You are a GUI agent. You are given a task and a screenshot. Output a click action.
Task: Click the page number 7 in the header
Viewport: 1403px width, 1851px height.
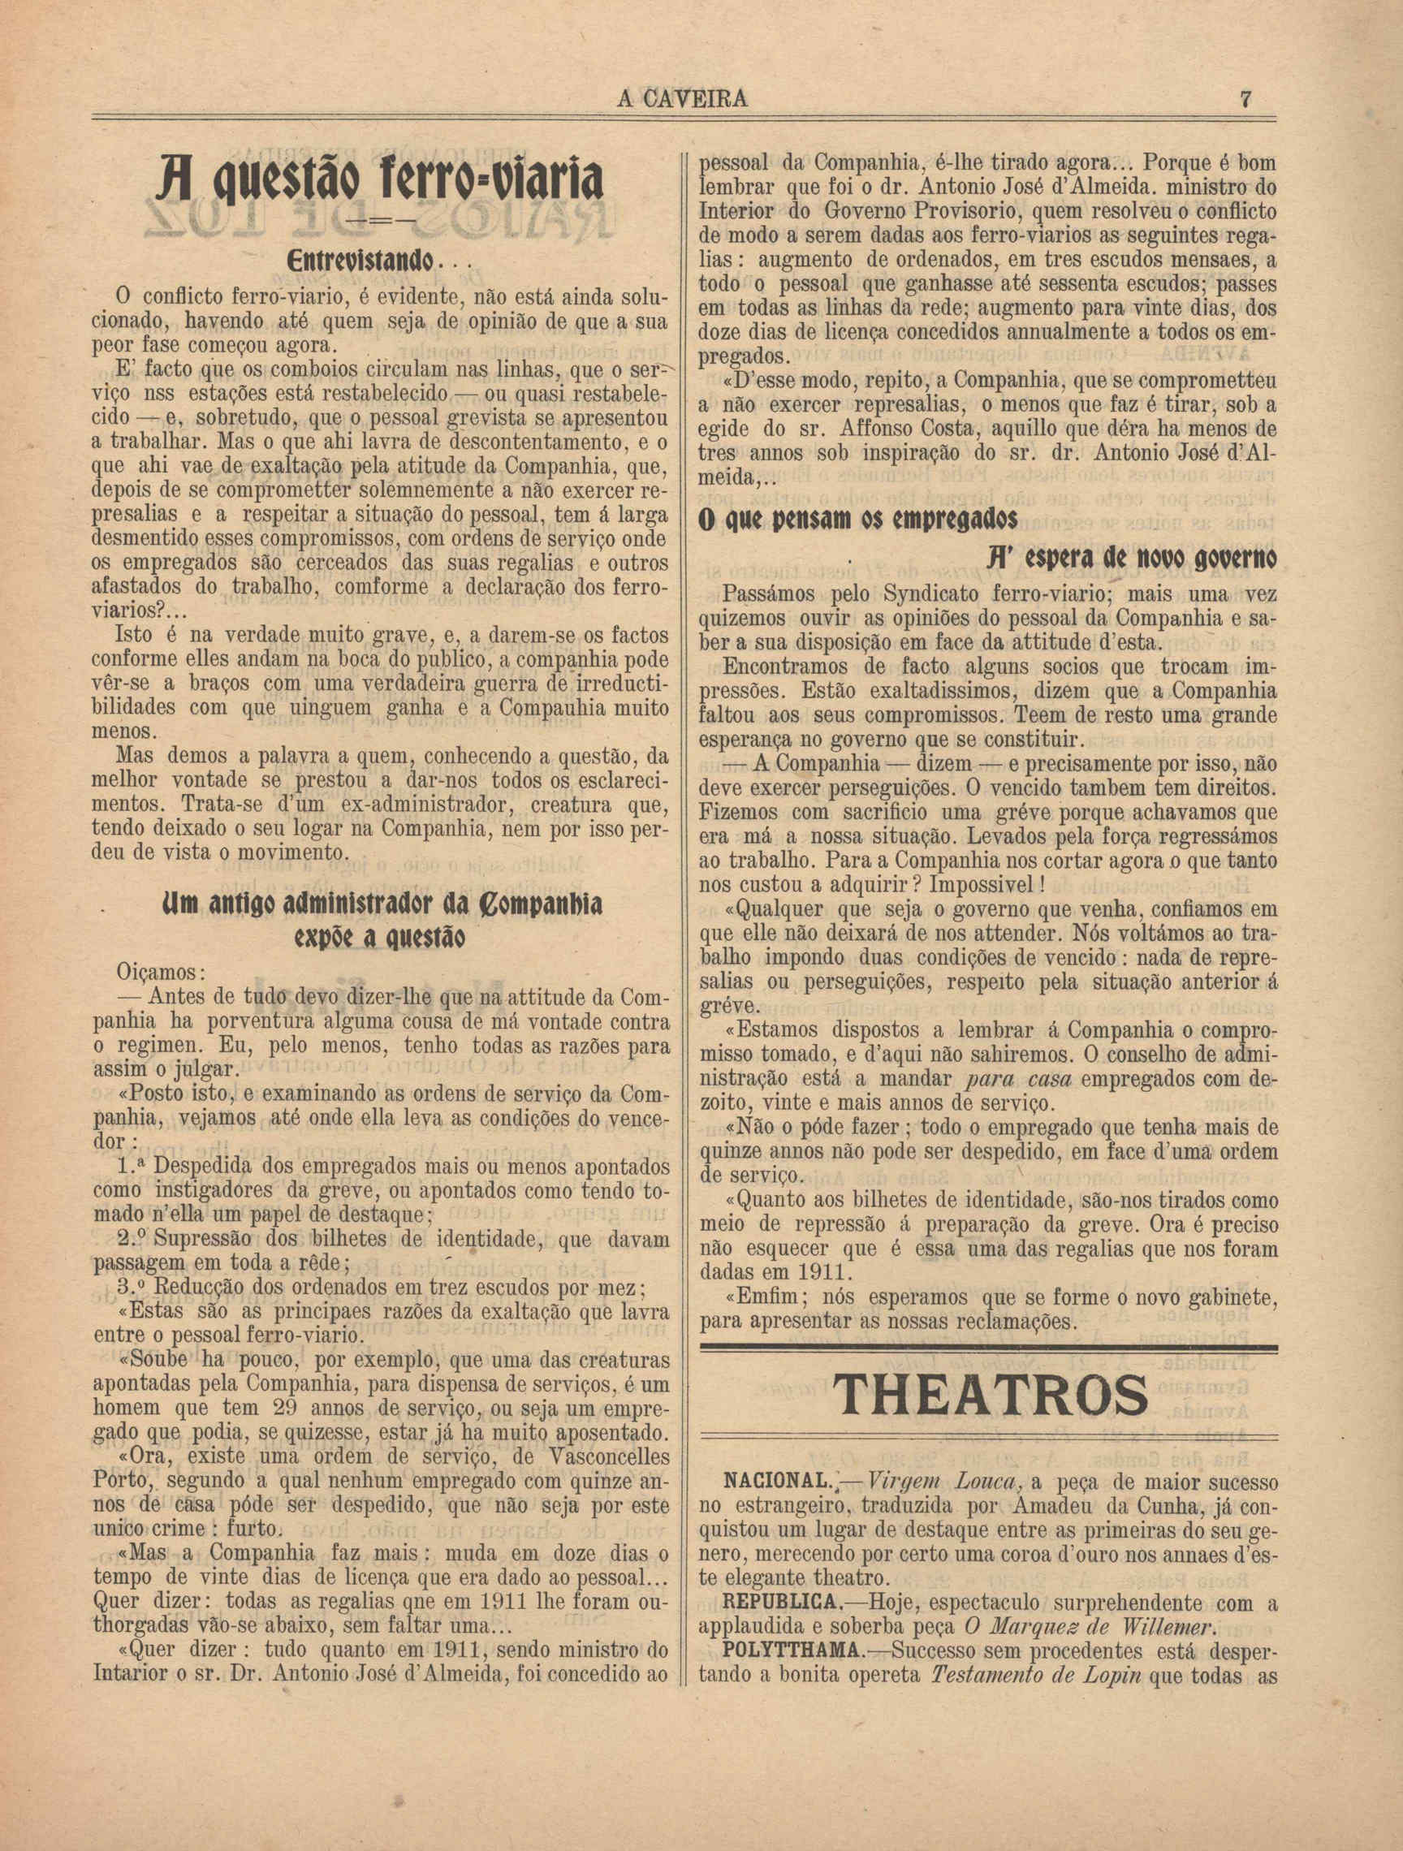point(1245,100)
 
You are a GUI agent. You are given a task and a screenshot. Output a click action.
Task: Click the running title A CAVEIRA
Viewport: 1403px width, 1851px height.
point(681,101)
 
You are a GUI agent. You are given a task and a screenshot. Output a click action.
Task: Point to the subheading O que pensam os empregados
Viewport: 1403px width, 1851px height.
point(858,520)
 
